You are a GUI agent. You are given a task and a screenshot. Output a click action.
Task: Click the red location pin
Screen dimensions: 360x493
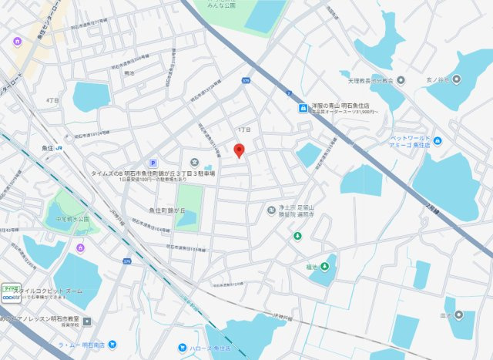tap(239, 150)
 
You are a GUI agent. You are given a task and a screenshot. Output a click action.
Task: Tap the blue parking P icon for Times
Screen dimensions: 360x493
tap(153, 163)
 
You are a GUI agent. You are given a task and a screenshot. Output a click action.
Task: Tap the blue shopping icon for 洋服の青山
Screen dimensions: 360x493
tap(304, 108)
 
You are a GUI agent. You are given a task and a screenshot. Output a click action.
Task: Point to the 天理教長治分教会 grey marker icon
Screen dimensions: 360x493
tap(344, 75)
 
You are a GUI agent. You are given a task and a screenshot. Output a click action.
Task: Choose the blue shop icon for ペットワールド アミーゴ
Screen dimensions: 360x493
tap(438, 140)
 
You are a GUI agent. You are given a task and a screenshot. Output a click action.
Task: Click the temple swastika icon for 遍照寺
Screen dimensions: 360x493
tap(271, 209)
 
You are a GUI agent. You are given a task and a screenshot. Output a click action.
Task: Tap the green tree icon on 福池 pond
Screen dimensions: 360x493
tap(324, 267)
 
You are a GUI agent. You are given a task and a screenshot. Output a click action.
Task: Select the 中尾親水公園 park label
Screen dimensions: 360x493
tap(67, 219)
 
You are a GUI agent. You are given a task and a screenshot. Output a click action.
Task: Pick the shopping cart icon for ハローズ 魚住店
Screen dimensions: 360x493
tap(183, 348)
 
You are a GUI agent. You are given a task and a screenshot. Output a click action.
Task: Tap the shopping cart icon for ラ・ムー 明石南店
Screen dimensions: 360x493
tap(112, 344)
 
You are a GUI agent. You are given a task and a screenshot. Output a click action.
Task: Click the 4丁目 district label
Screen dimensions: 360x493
tap(52, 100)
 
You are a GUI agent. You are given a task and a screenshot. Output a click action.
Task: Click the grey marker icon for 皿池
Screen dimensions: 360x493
tap(459, 314)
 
